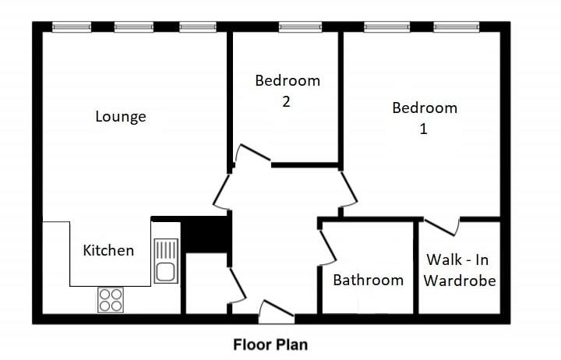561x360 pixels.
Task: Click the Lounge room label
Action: (121, 117)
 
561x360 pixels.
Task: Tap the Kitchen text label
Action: (108, 250)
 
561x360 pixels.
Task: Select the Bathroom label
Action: (369, 280)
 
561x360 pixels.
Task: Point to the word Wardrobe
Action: (460, 281)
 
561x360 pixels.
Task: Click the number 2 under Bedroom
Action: (287, 102)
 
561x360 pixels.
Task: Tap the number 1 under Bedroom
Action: (424, 129)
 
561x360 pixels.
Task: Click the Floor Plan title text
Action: (271, 344)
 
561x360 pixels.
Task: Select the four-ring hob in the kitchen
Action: (110, 300)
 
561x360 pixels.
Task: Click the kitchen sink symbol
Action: (165, 261)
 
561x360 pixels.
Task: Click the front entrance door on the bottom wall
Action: (276, 311)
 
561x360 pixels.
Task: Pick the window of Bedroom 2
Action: (300, 27)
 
